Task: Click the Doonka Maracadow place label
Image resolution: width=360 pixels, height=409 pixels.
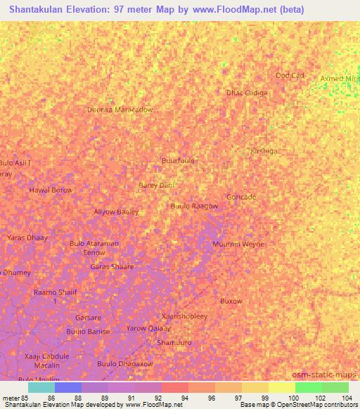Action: tap(120, 110)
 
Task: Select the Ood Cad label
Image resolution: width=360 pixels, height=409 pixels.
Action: tap(290, 75)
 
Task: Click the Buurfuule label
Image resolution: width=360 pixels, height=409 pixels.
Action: tap(178, 160)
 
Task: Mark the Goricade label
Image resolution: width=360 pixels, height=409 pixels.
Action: tap(241, 197)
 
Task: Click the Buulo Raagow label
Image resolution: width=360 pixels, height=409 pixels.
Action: tap(194, 206)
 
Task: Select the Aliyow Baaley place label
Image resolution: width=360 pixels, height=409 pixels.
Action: tap(117, 212)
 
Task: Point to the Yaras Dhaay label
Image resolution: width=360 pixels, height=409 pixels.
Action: tap(27, 238)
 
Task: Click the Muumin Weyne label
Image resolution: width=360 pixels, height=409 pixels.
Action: tap(238, 244)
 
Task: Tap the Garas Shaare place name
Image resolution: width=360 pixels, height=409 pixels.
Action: tap(112, 266)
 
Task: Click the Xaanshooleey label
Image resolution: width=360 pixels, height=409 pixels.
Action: tap(184, 316)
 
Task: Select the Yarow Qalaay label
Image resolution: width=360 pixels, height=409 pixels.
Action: tap(148, 328)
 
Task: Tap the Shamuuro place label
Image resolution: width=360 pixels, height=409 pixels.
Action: tap(174, 342)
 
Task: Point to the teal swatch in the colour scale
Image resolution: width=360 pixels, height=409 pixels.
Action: tap(41, 387)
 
